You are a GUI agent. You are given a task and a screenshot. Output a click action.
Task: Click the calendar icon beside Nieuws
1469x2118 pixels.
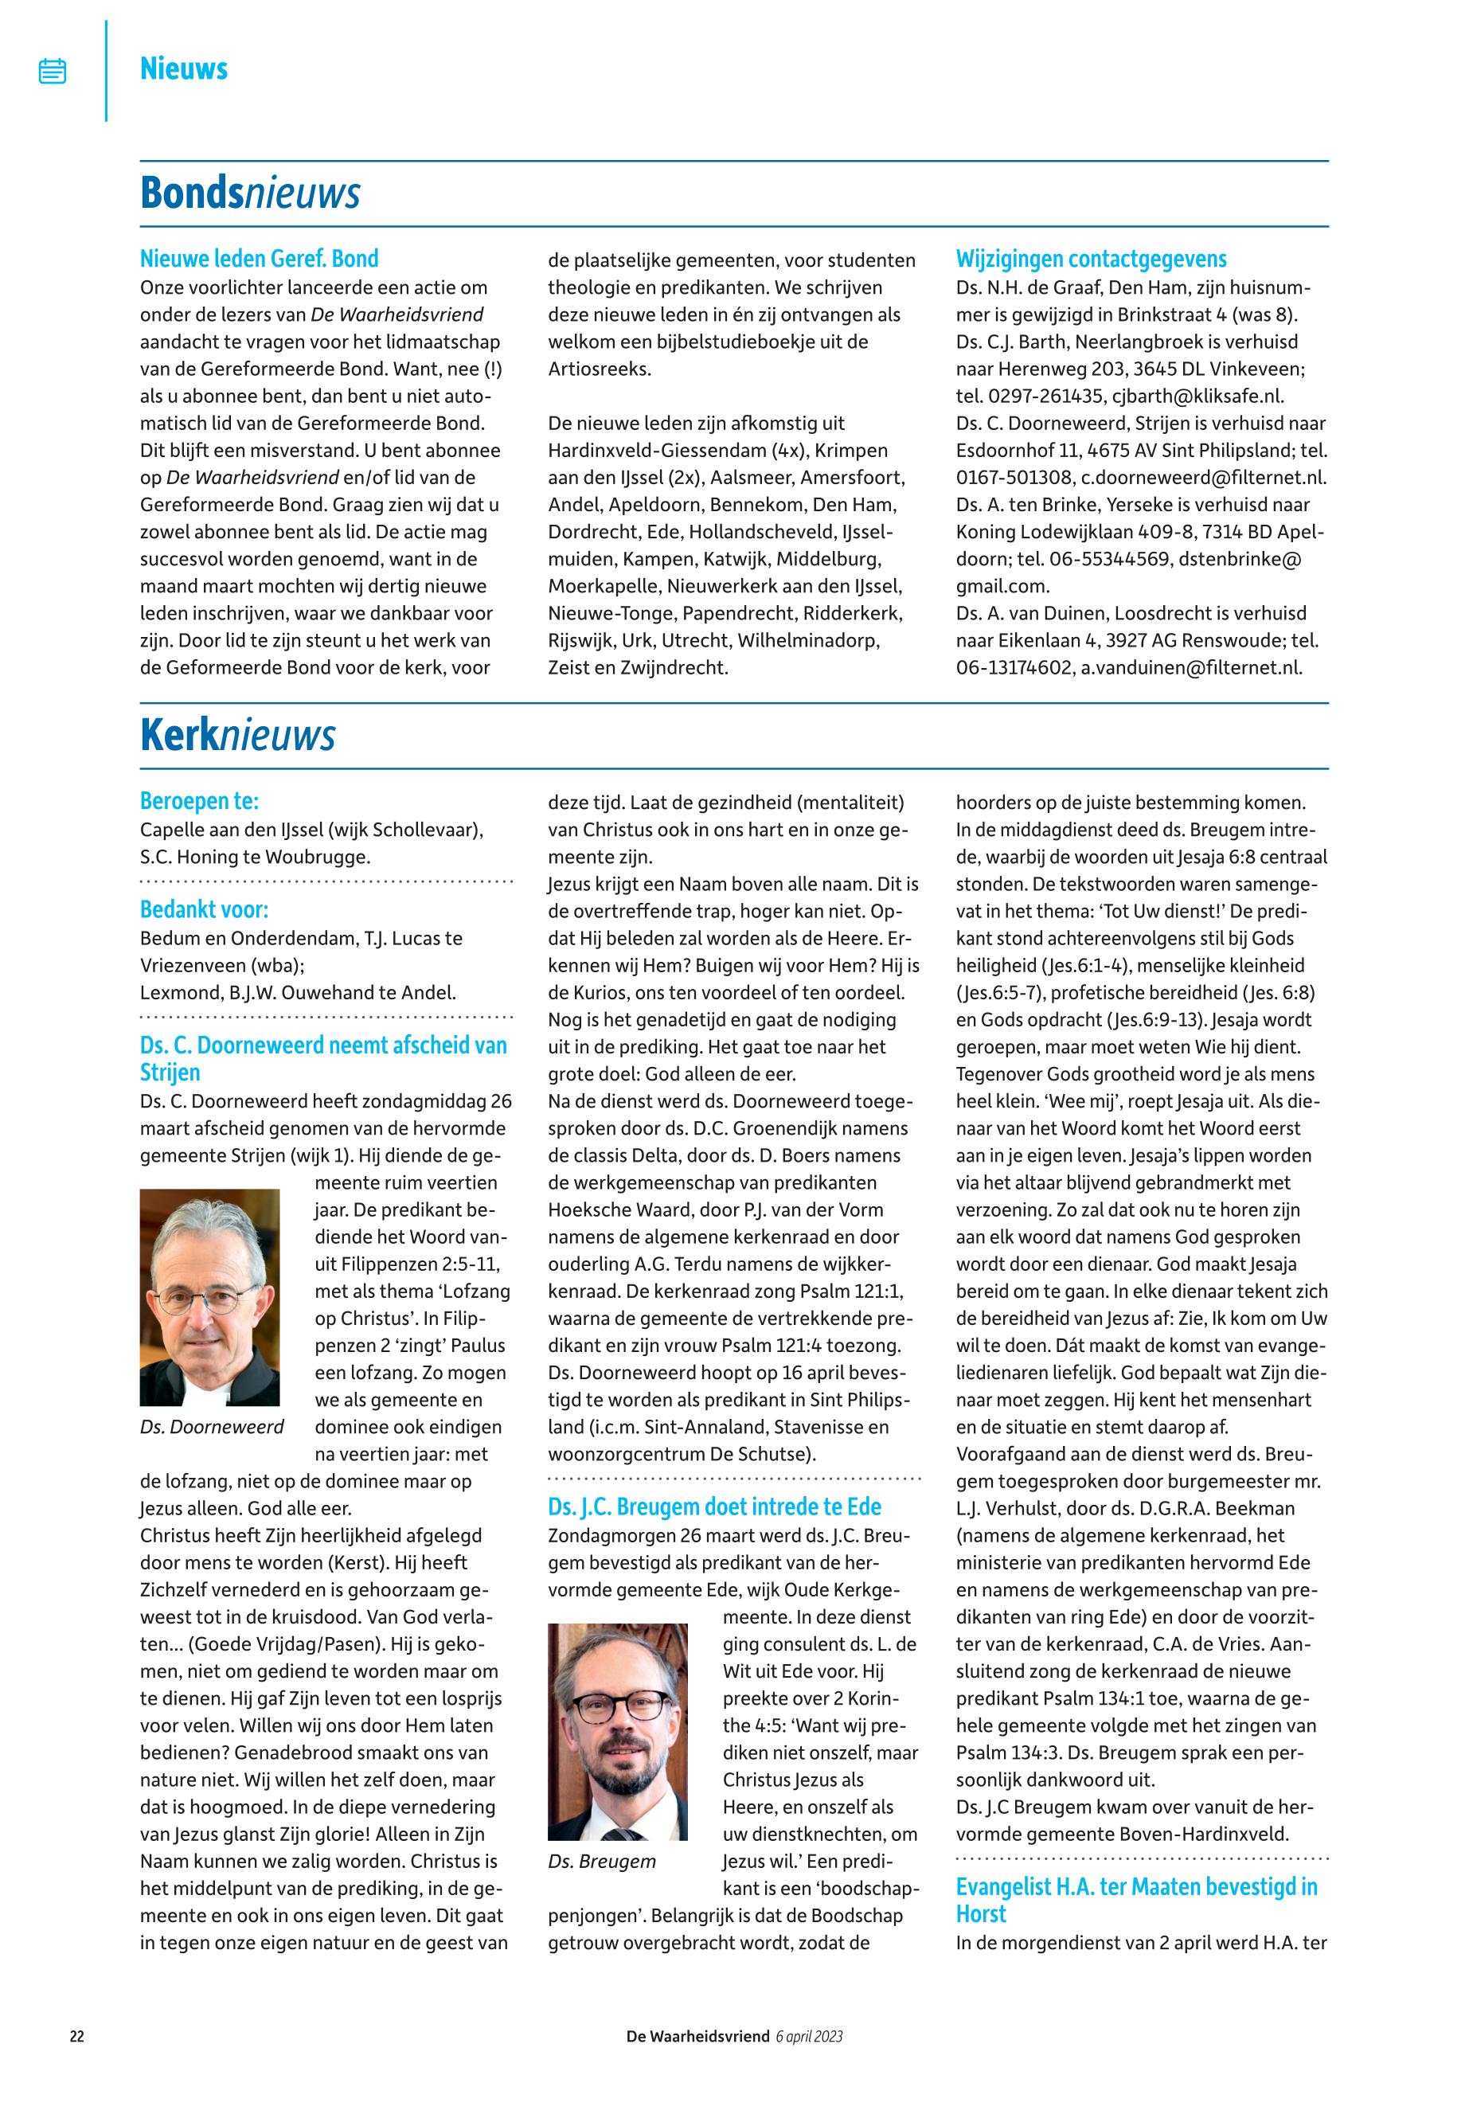coord(53,71)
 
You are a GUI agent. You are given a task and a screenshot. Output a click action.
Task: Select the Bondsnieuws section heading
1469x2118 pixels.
coord(249,193)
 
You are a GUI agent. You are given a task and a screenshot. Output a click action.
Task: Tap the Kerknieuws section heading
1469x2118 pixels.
coord(237,736)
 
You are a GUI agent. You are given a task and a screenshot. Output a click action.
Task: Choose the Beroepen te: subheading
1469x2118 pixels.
coord(199,801)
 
